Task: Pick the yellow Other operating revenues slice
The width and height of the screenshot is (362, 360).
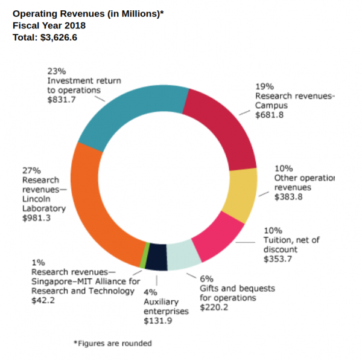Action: (241, 194)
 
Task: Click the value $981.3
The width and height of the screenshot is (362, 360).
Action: (36, 219)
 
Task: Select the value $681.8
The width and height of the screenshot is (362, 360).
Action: (269, 115)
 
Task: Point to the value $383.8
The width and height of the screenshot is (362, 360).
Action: (288, 197)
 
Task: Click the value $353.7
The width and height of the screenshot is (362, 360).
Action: (278, 259)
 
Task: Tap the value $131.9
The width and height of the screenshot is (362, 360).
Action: (157, 321)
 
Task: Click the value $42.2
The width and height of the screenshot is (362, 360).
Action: (43, 300)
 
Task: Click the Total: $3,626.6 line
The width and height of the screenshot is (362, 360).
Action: (45, 37)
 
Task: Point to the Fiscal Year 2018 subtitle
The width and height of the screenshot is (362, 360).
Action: (49, 25)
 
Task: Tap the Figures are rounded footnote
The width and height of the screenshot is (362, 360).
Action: (113, 343)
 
